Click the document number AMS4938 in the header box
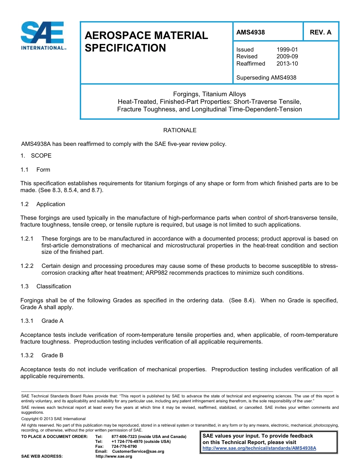[x=250, y=32]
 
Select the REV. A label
[x=320, y=32]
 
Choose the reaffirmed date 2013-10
[x=287, y=64]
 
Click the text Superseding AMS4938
[x=266, y=78]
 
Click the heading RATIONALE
[x=180, y=130]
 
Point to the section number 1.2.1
[x=27, y=239]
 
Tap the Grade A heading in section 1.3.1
[x=52, y=321]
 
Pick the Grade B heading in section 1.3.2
[x=52, y=355]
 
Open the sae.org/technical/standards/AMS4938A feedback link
[x=259, y=448]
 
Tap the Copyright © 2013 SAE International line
[x=53, y=419]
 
